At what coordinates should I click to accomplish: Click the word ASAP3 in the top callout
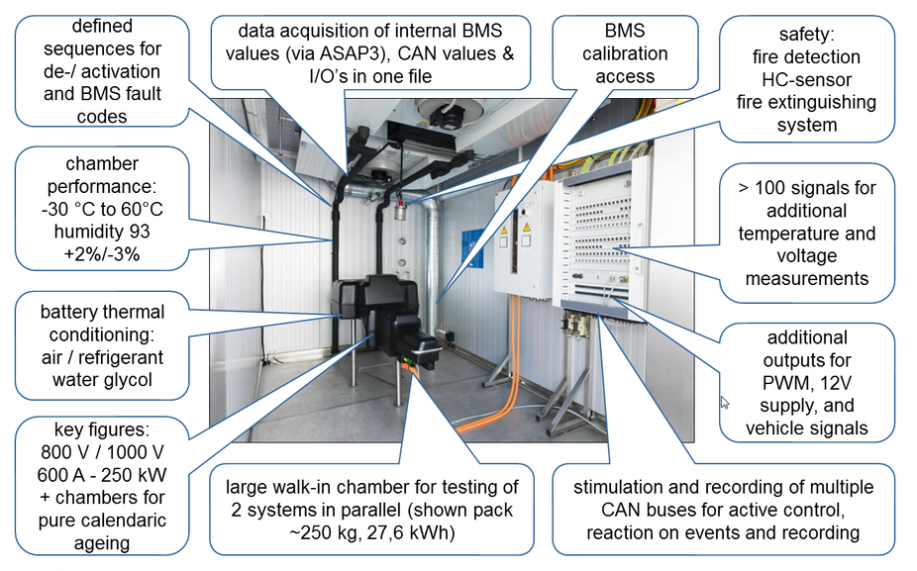click(x=354, y=53)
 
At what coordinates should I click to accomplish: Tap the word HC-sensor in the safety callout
click(x=806, y=79)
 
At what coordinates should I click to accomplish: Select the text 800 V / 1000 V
click(x=102, y=452)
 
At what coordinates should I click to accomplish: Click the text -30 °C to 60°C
click(x=102, y=209)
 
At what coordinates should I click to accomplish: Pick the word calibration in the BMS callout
click(x=625, y=53)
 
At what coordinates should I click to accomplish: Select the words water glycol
click(x=102, y=379)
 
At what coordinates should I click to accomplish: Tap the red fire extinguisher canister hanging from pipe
click(x=400, y=210)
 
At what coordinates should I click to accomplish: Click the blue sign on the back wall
click(x=472, y=249)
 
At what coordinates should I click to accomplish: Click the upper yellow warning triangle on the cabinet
click(x=527, y=227)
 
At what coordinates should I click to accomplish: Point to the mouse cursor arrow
click(x=725, y=403)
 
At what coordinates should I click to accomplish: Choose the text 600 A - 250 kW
click(x=102, y=475)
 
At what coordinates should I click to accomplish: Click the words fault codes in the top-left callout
click(x=102, y=105)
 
